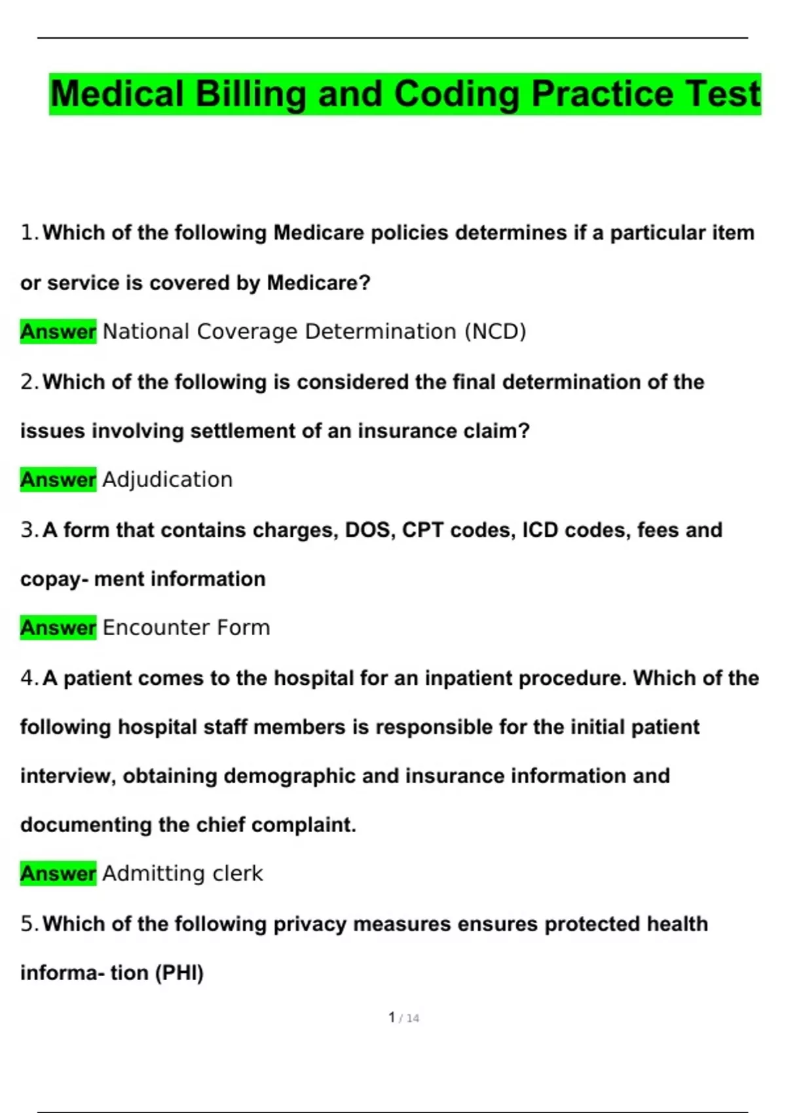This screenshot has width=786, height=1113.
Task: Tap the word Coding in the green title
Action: [x=457, y=94]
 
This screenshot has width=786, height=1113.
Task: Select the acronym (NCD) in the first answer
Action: [x=495, y=332]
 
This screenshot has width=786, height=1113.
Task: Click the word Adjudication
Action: [x=168, y=480]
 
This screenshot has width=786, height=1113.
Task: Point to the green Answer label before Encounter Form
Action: [x=58, y=628]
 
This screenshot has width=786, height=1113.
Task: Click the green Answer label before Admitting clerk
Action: [x=58, y=873]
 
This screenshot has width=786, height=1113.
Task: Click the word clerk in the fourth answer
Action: [x=239, y=873]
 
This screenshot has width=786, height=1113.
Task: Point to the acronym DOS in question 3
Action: [x=369, y=530]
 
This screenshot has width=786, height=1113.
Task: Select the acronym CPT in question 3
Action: [x=422, y=530]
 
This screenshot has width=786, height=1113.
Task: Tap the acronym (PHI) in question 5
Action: [x=179, y=973]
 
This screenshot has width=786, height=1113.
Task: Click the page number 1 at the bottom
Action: [x=392, y=1017]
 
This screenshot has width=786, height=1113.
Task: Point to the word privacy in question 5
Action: [x=310, y=924]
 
